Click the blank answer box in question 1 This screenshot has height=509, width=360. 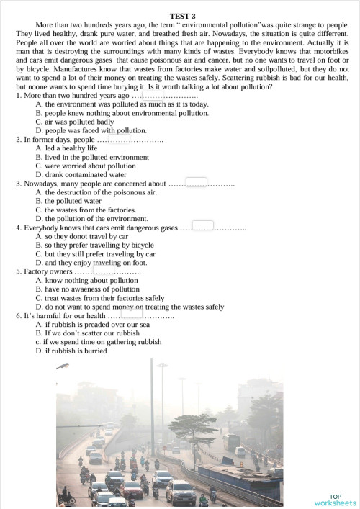click(x=153, y=95)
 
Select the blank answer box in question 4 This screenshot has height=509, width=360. click(x=203, y=227)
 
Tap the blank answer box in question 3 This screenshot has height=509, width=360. click(x=197, y=183)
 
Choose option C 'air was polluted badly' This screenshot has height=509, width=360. click(x=75, y=122)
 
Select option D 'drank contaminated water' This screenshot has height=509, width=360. click(x=81, y=174)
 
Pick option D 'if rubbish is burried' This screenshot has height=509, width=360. click(x=71, y=351)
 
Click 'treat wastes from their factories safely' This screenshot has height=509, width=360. click(x=99, y=297)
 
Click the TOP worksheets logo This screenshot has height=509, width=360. click(x=335, y=500)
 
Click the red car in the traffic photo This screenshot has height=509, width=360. click(x=134, y=490)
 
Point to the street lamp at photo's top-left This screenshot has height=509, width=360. click(x=63, y=366)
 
